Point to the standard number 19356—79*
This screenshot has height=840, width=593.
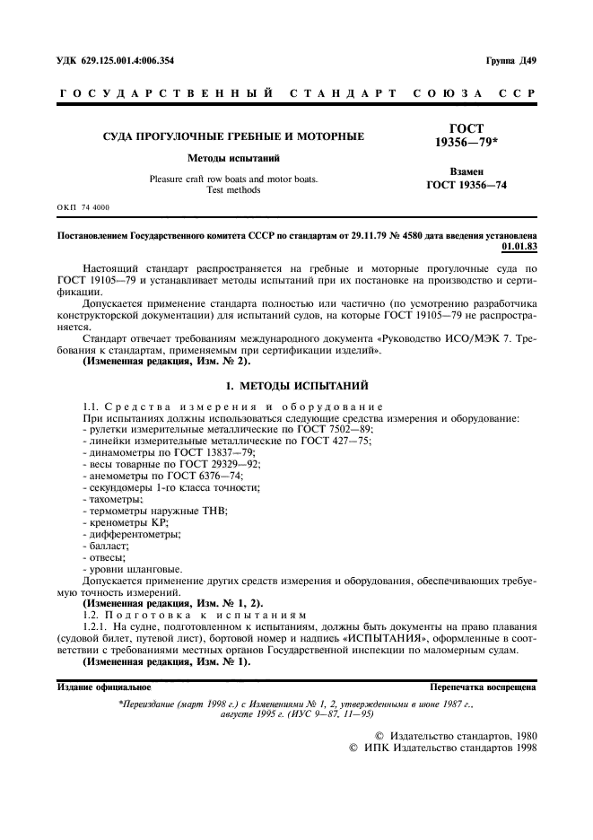467,143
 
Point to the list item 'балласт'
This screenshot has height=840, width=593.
105,545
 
